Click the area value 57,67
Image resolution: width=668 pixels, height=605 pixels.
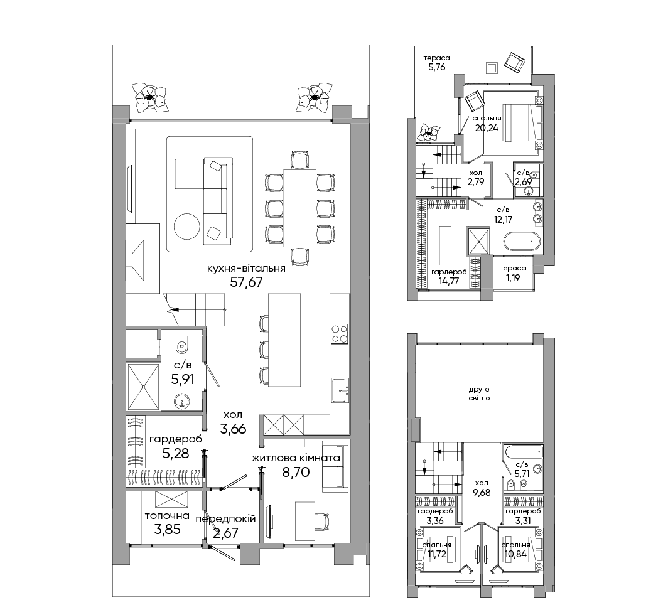(x=246, y=282)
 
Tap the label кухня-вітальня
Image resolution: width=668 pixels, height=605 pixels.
(x=246, y=269)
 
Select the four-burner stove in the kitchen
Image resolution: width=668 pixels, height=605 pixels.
(x=340, y=334)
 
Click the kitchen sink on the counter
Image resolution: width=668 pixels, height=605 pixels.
(x=340, y=390)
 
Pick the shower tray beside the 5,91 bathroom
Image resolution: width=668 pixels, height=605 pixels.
(x=143, y=386)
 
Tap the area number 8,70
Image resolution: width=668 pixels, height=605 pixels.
(x=296, y=472)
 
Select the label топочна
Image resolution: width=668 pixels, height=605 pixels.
(x=167, y=516)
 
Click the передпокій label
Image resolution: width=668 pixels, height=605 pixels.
(x=226, y=519)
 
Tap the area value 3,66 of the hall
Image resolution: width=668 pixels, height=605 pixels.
(x=233, y=429)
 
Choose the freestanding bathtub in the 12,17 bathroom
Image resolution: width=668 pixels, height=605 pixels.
(x=522, y=242)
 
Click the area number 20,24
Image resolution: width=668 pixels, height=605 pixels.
(x=487, y=128)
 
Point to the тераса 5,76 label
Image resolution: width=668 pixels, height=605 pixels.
(x=437, y=62)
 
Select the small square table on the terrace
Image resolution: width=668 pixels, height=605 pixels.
(x=492, y=68)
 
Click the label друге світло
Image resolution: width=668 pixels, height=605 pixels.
(x=479, y=394)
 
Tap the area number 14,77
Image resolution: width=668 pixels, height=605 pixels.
(x=448, y=281)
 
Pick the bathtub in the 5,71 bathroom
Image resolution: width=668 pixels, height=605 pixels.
(x=523, y=451)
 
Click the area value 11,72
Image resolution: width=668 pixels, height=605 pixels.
(x=436, y=554)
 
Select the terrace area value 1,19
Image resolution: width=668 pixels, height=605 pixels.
(x=513, y=278)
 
